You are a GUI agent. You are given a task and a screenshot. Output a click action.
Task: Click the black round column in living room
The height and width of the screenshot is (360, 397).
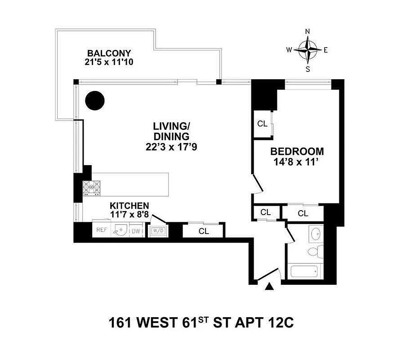[95, 101]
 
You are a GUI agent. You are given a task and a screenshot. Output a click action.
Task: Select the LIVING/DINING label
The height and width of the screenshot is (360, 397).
[171, 130]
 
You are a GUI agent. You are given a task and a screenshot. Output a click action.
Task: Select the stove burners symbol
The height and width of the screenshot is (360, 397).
[92, 187]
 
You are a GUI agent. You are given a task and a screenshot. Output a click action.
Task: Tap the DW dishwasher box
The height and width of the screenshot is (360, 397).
[135, 231]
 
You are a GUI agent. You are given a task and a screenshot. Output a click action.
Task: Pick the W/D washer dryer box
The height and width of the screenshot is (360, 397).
[158, 231]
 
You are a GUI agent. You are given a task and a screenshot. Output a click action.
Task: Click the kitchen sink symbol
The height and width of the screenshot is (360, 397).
[119, 230]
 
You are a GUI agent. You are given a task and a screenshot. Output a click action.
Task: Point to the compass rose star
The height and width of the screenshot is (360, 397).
[308, 50]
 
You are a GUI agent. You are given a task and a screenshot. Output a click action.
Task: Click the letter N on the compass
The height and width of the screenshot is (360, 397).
[308, 31]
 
